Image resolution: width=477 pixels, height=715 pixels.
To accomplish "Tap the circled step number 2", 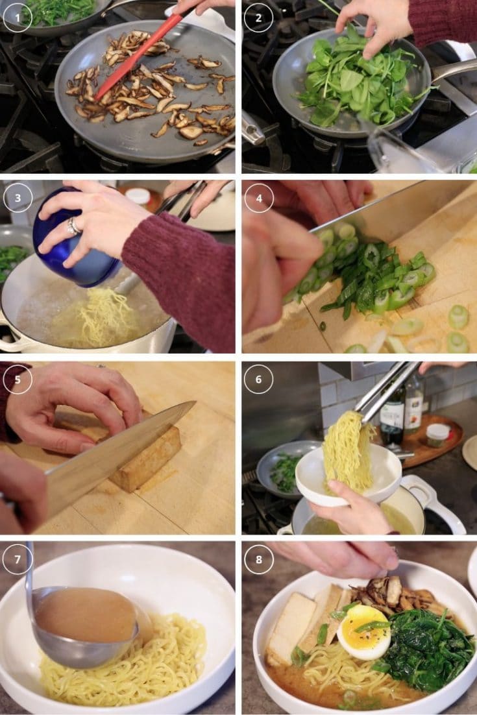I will [x=258, y=18].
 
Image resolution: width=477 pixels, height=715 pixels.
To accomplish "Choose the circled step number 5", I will [x=18, y=380].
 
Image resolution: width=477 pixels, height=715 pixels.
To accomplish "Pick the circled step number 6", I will [x=258, y=380].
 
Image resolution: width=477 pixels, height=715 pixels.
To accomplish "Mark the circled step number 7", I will [x=18, y=560].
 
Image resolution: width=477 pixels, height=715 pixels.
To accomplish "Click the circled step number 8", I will [x=258, y=560].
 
